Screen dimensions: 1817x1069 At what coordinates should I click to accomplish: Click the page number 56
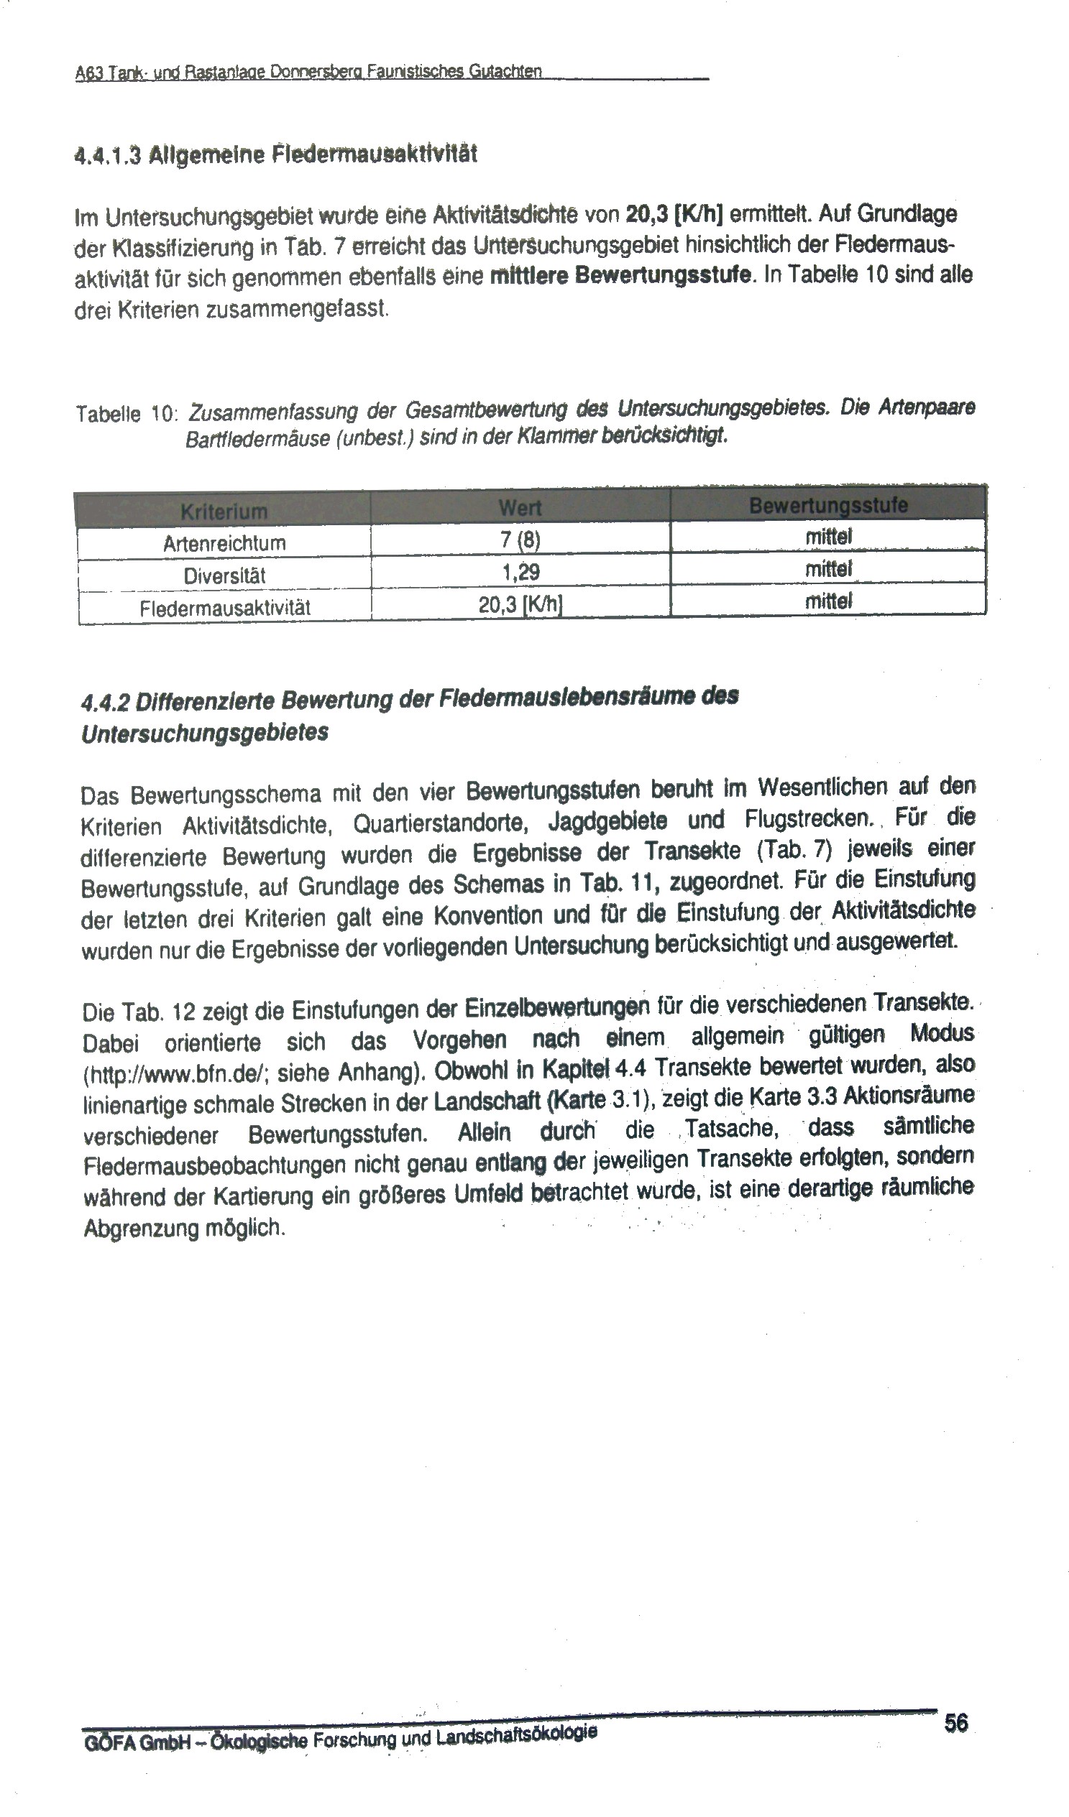click(x=955, y=1723)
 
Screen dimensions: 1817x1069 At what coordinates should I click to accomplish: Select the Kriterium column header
click(x=224, y=512)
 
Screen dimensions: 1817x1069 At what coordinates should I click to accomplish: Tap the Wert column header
click(x=520, y=508)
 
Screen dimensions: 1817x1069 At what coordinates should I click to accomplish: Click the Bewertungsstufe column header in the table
click(x=828, y=504)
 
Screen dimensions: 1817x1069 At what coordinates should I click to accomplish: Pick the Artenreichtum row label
click(x=224, y=543)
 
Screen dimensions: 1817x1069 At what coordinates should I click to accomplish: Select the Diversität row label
click(x=224, y=575)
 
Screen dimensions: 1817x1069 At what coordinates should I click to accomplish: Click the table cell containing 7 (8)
click(x=520, y=540)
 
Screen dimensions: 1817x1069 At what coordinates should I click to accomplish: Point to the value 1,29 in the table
click(x=520, y=573)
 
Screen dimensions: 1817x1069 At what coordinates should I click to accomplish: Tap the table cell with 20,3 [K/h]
click(x=520, y=604)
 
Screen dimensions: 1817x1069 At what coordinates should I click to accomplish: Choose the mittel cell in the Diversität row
click(x=828, y=569)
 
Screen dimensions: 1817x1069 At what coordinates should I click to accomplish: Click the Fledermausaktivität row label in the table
click(x=225, y=608)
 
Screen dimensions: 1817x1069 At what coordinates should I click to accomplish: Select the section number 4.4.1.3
click(x=109, y=155)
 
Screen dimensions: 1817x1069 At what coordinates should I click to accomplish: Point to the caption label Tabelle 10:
click(x=127, y=413)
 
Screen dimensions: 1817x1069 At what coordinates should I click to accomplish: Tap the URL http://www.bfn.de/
click(x=175, y=1075)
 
